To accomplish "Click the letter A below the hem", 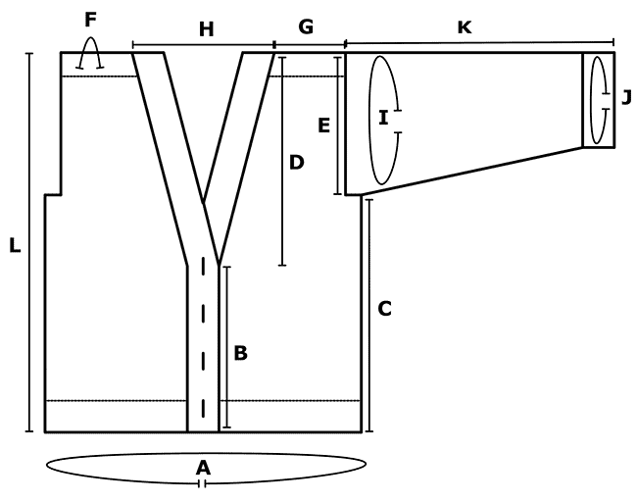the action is click(203, 468).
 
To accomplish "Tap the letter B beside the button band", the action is click(240, 353).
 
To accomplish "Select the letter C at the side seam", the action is click(384, 309).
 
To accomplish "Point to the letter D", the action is click(296, 162).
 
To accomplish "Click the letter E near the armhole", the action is click(323, 125).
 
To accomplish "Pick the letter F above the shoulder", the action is click(90, 20).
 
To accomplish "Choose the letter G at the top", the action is click(306, 26).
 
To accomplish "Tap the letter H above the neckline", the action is click(207, 29).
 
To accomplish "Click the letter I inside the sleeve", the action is click(383, 118).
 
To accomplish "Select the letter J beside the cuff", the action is click(627, 98).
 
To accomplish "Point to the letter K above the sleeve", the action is click(465, 27).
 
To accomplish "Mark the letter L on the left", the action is click(15, 245).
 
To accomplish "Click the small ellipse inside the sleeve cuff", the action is click(591, 100).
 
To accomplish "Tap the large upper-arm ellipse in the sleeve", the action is click(368, 121).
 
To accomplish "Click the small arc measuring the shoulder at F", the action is click(90, 38).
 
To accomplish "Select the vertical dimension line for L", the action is click(29, 242).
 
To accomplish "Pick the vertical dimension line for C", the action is click(368, 316).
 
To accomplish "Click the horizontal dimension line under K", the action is click(480, 42).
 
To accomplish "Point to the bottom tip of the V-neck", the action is click(219, 264).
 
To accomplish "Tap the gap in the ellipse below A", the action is click(202, 483).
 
